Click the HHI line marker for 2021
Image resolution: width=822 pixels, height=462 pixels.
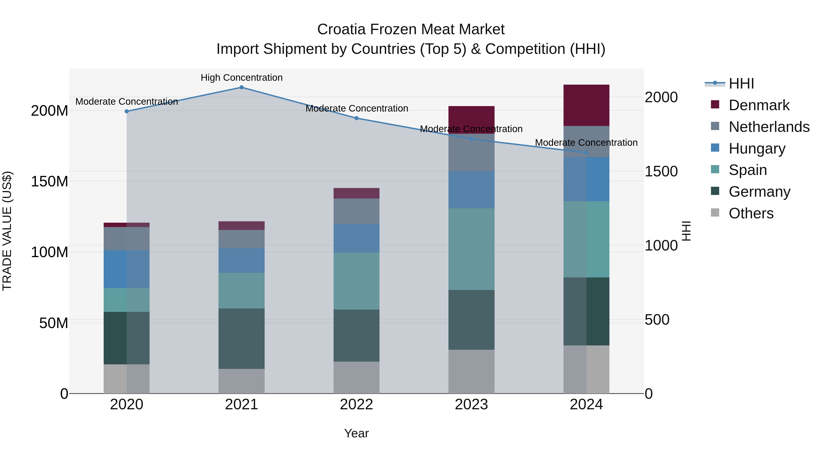point(242,87)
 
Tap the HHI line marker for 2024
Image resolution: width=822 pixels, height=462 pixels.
point(586,153)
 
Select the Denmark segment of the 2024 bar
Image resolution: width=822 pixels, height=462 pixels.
point(586,105)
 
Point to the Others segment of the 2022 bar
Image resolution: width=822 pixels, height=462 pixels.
point(356,378)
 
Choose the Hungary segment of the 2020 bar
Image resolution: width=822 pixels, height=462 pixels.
point(127,269)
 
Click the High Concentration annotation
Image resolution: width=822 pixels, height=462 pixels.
point(242,78)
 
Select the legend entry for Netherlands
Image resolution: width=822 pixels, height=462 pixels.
point(769,127)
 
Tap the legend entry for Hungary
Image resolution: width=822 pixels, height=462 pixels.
point(757,149)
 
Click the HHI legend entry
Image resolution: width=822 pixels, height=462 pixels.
point(741,84)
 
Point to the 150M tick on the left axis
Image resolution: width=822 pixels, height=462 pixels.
point(50,181)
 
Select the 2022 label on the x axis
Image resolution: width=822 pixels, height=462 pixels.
point(356,405)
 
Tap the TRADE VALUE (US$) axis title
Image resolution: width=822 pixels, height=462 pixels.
point(7,231)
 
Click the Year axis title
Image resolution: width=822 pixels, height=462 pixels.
point(356,433)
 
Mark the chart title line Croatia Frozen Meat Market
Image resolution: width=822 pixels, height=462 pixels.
point(411,29)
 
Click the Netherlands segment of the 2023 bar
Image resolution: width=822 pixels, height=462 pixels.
point(471,152)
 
